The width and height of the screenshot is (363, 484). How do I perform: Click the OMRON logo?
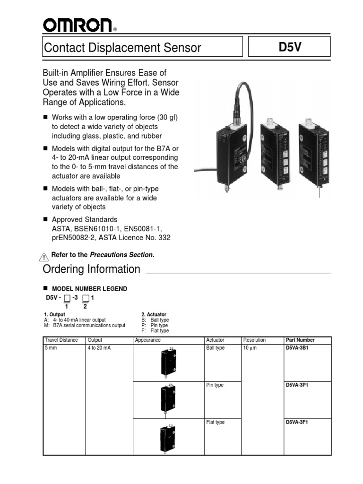point(78,25)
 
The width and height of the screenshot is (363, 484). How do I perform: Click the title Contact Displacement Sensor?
point(122,47)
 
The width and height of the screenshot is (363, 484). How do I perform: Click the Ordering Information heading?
point(92,269)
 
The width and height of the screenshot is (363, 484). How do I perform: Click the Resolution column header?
point(254,340)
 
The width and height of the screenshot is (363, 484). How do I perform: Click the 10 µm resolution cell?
point(251,348)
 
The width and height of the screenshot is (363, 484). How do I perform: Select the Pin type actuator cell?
point(215,385)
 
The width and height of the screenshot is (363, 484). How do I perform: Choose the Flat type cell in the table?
point(216,422)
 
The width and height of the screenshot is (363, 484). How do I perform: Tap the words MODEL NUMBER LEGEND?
point(89,288)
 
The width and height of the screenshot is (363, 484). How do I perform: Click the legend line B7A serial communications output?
point(88,325)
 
